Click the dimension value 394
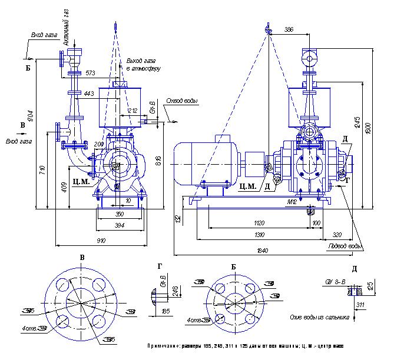(120, 225)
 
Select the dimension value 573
(90, 73)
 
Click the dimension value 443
(89, 94)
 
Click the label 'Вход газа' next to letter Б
(44, 35)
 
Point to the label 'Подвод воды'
(346, 246)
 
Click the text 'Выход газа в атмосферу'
(143, 65)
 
